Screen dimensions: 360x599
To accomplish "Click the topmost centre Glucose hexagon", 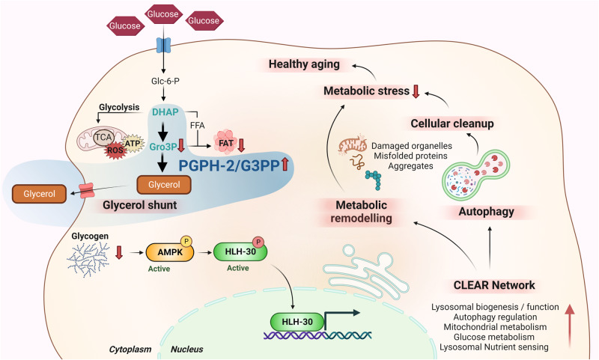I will (x=162, y=14).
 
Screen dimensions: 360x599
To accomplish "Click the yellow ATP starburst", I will (x=133, y=143).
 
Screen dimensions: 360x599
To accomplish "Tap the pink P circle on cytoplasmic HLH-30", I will (x=258, y=242).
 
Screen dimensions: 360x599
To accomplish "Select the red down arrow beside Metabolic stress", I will (x=416, y=91).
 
